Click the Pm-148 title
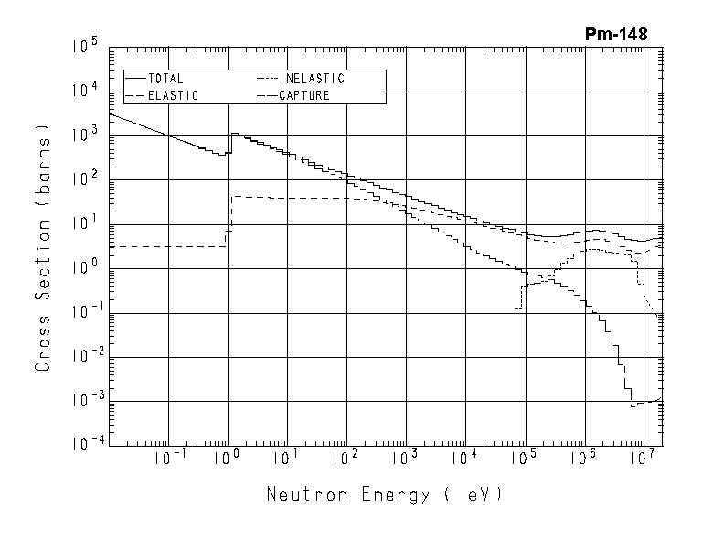(x=616, y=35)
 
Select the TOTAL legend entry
(x=165, y=79)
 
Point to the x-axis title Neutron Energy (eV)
(x=384, y=495)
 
